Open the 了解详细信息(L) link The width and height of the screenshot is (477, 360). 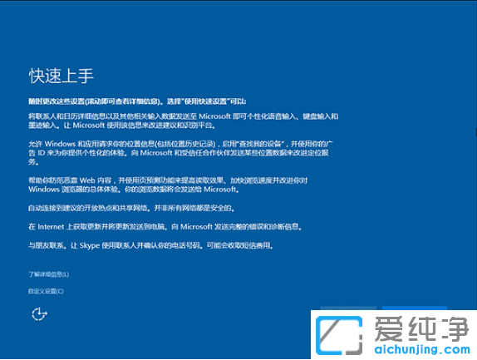(48, 274)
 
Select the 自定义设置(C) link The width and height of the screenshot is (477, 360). (46, 291)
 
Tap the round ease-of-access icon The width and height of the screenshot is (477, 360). (37, 313)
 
